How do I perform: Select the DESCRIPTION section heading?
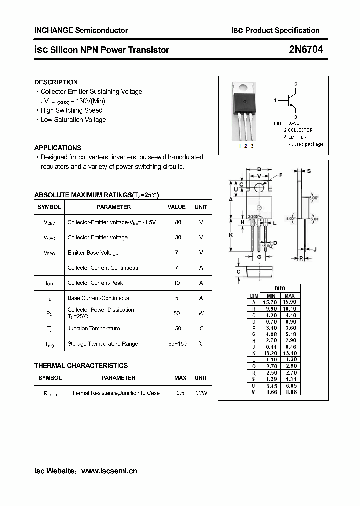56,82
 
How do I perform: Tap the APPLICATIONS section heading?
57,148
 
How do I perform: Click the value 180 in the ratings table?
176,222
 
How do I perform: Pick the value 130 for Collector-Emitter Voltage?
176,237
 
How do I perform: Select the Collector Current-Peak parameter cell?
95,283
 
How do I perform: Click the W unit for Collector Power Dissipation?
201,313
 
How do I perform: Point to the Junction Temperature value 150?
176,328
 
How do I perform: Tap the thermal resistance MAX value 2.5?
180,393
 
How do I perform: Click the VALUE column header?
176,207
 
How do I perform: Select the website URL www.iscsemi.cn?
109,471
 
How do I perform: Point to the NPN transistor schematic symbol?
290,100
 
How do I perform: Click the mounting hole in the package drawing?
259,187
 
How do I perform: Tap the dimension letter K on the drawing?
231,235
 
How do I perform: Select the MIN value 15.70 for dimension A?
271,302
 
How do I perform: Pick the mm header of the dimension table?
280,288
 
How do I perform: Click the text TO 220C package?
303,144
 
